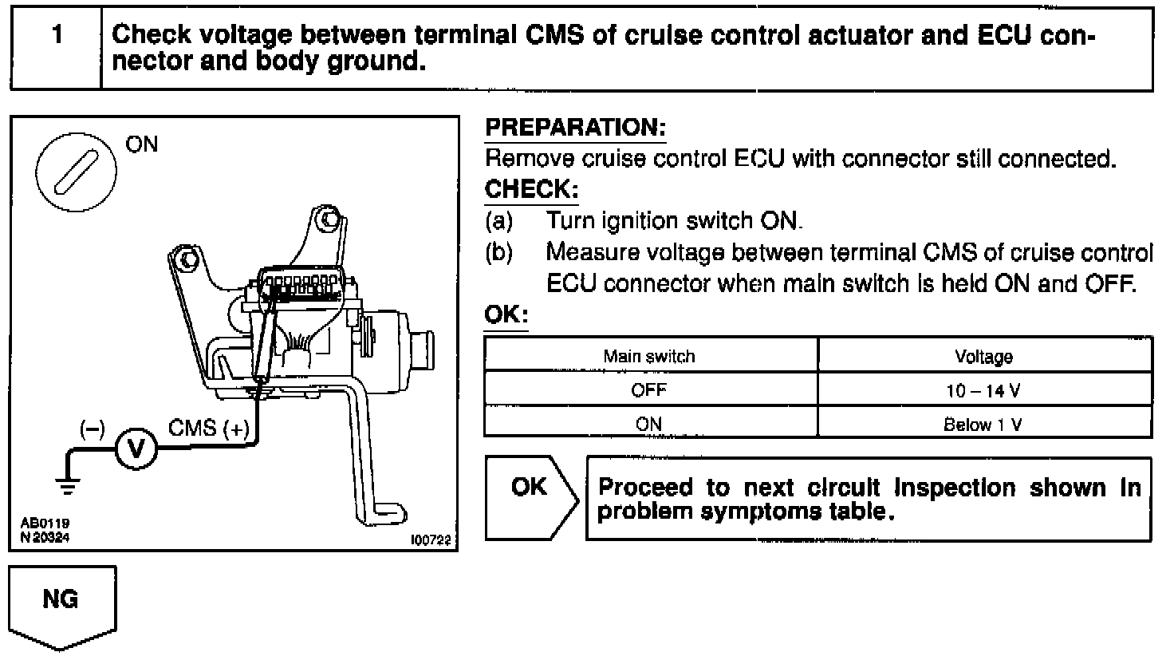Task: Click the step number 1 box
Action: coord(56,48)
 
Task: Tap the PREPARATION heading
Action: coord(575,128)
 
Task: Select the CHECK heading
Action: coord(531,190)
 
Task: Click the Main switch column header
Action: coord(649,356)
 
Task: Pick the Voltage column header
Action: coord(984,356)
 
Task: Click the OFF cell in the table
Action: coord(649,390)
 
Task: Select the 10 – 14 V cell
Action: coord(984,390)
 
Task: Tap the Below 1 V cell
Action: coord(984,424)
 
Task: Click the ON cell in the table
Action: coord(649,424)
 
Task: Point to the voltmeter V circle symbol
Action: coord(136,450)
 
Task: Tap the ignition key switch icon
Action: coord(77,170)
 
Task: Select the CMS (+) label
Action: coord(208,429)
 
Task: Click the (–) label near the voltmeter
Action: coord(93,429)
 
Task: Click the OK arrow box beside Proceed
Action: coord(530,496)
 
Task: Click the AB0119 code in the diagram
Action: coord(45,524)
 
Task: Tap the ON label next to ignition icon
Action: coord(142,144)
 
